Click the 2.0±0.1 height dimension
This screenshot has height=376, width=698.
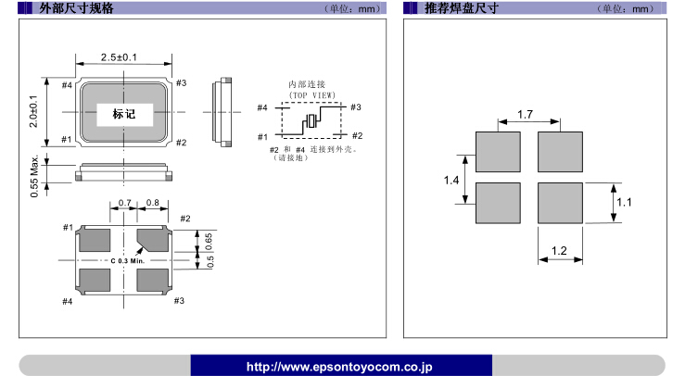pos(34,113)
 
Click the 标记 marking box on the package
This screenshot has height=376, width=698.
pos(123,114)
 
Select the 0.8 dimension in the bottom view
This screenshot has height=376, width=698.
pos(153,203)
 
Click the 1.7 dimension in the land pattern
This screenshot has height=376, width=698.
pos(525,115)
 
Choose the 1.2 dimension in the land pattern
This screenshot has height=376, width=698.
pos(560,251)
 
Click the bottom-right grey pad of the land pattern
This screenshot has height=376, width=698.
pos(560,203)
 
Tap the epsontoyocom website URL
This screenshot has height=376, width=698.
pos(340,367)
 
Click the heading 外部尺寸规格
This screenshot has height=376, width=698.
pos(78,8)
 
